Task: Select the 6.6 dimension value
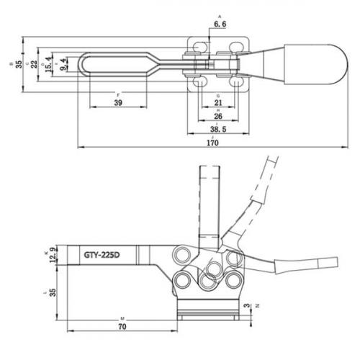[x=221, y=24]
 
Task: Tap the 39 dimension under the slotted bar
[x=119, y=103]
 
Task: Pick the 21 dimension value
[x=217, y=103]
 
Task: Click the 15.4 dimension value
[x=49, y=64]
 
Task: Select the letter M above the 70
[x=124, y=317]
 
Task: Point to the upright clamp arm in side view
[x=207, y=209]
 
